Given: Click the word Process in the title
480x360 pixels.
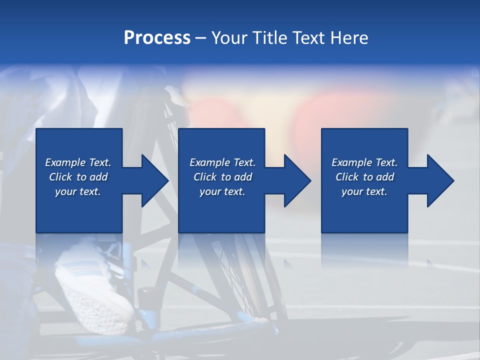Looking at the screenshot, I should [157, 38].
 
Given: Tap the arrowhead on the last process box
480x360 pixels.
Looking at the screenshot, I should [439, 181].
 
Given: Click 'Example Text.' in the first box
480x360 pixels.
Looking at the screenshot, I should [78, 162].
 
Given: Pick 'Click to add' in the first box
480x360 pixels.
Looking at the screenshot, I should [78, 177].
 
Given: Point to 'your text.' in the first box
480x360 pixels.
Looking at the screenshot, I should [78, 191].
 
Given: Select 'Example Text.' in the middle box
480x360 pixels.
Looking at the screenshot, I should [222, 162].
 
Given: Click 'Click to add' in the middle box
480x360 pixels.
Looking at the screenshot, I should [222, 177].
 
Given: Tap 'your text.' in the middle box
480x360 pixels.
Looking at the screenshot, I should [222, 191].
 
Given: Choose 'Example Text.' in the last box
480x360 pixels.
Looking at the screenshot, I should [364, 162].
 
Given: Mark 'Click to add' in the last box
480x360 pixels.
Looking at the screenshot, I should [364, 177].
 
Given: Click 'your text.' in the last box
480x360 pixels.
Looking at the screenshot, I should [364, 191].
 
